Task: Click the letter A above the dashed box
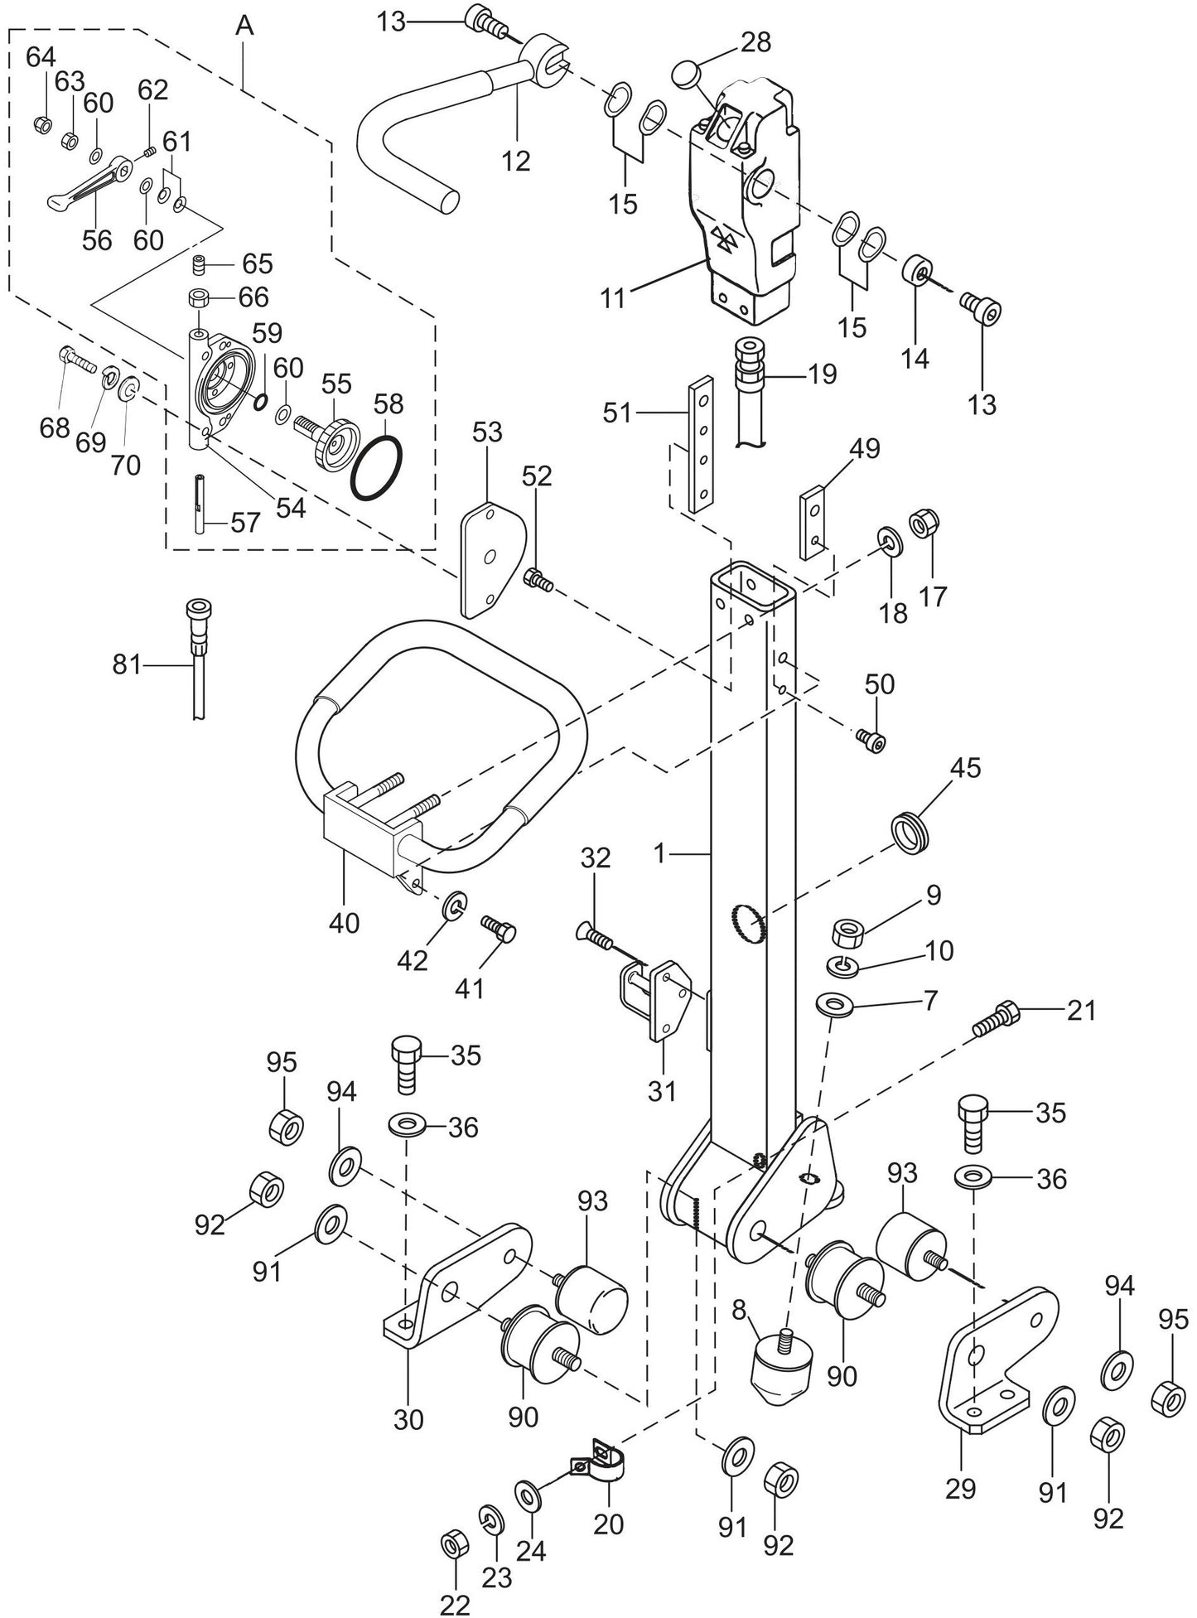click(x=244, y=26)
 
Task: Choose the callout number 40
click(x=344, y=922)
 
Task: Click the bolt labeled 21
click(x=999, y=1017)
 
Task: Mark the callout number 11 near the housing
click(x=613, y=297)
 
